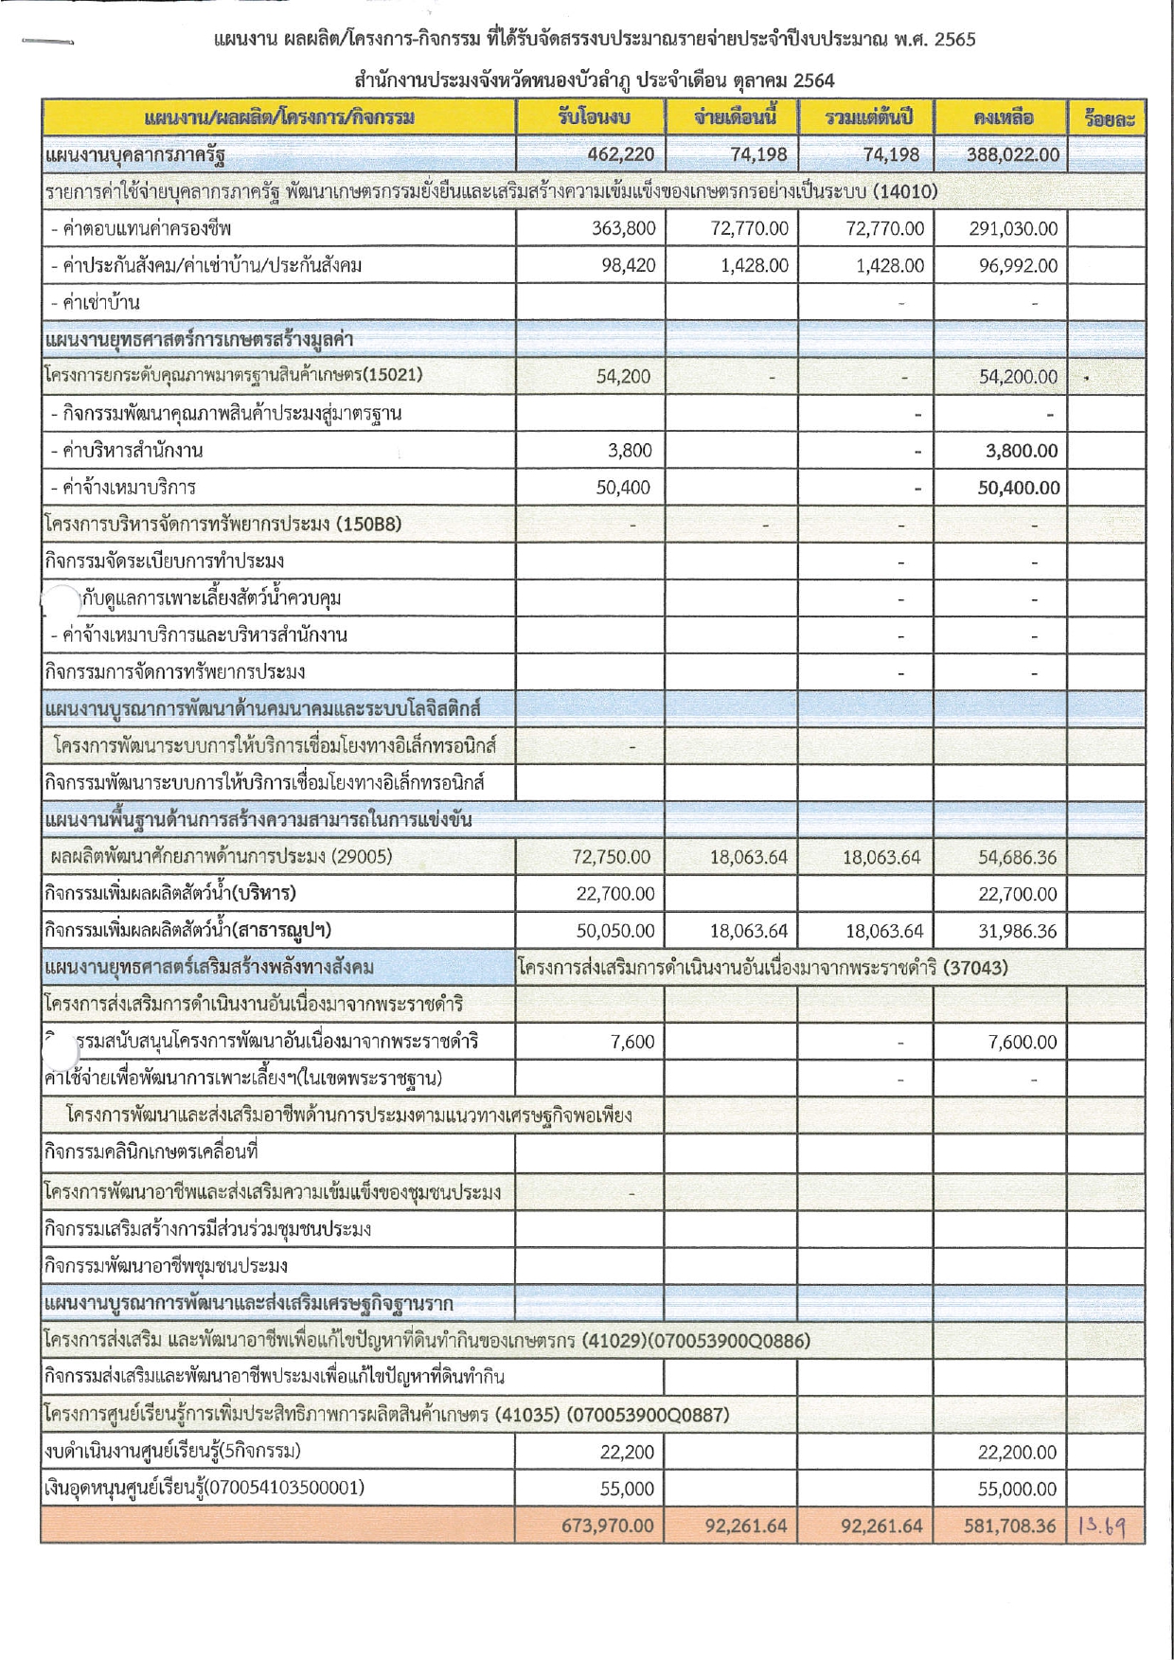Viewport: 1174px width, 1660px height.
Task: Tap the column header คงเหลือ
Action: pos(1002,117)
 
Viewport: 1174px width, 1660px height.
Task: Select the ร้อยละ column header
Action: pos(1109,118)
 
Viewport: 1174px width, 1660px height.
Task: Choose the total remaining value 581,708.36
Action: pos(1007,1526)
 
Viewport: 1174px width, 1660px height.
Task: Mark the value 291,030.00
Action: pos(1013,228)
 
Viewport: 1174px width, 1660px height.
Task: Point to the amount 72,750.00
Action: pos(611,857)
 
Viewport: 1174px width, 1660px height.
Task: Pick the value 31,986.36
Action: pos(1017,931)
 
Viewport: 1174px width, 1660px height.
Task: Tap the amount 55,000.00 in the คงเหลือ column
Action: pos(1017,1489)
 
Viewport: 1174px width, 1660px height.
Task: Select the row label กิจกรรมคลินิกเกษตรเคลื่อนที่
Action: pos(151,1152)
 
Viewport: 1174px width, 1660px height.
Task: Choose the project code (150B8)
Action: pos(368,524)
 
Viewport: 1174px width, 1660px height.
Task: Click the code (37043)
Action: pos(975,968)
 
